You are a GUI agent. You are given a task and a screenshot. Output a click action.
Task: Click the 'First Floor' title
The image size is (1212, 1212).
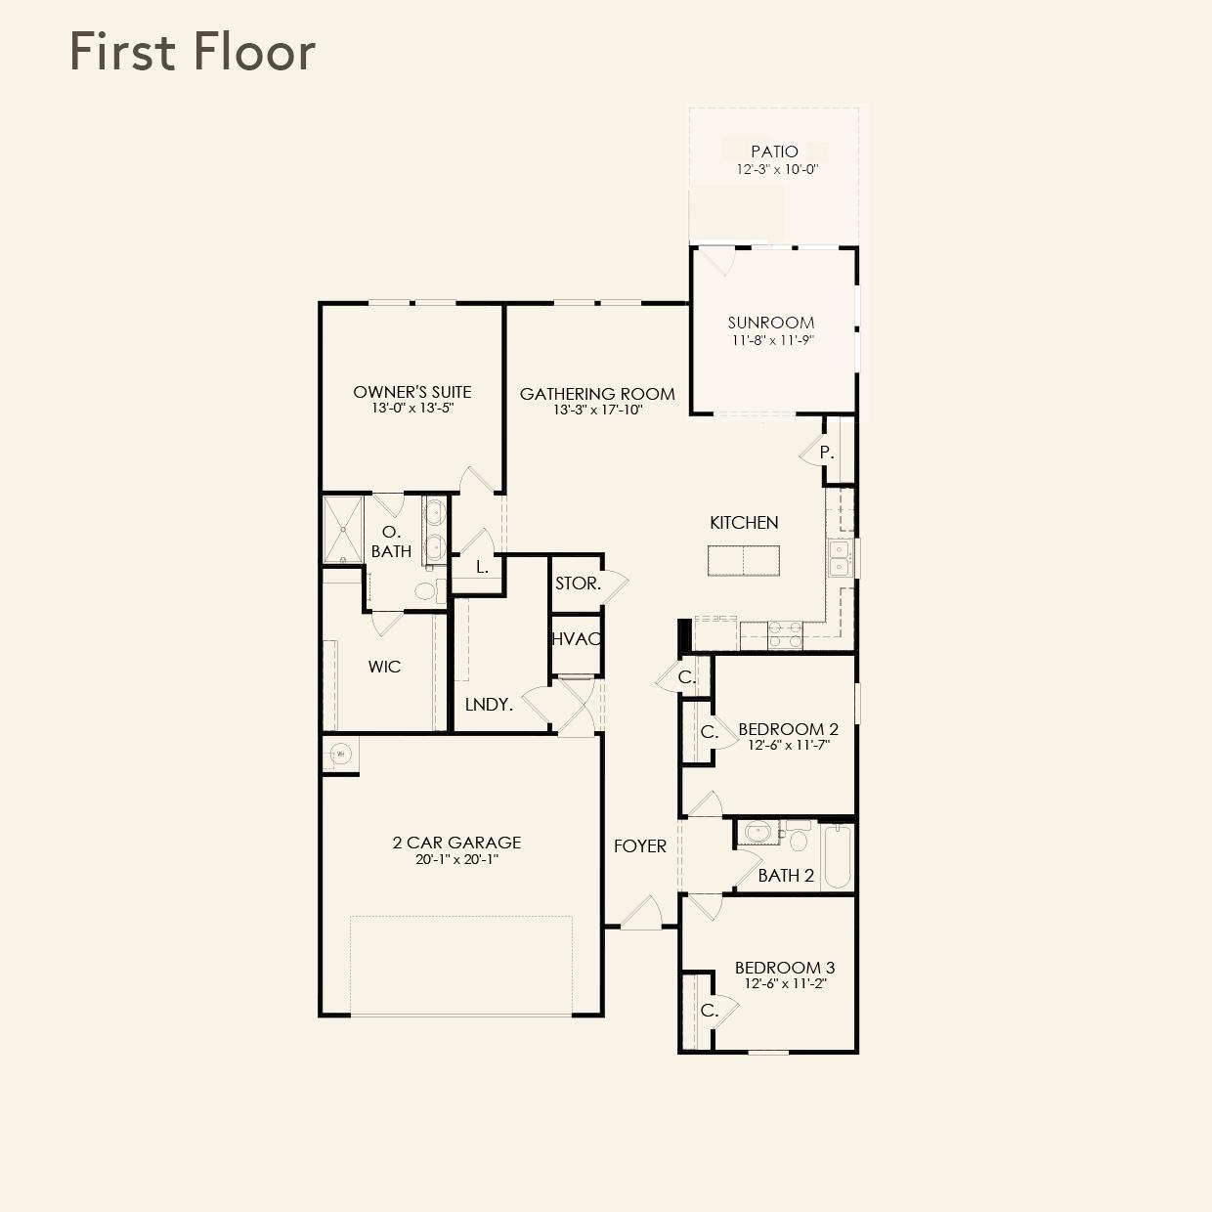tap(193, 52)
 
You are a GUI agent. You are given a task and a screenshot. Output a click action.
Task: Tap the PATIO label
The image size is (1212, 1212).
tap(774, 151)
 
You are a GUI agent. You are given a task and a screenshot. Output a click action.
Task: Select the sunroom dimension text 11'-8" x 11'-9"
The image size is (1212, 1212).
tap(772, 340)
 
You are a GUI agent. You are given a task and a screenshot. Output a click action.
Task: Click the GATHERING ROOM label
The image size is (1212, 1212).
tap(597, 394)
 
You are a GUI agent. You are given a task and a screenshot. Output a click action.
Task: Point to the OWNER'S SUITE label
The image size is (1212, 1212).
tap(412, 392)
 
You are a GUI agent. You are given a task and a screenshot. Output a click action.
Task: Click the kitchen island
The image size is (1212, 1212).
tap(744, 561)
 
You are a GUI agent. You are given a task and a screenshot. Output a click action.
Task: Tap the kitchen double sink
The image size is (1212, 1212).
tap(839, 558)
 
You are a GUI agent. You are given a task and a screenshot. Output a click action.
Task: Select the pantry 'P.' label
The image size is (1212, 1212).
tap(827, 453)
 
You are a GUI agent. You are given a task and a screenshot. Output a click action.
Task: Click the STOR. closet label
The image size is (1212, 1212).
tap(578, 584)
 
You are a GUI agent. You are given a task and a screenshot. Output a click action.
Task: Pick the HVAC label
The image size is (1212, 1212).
tap(576, 639)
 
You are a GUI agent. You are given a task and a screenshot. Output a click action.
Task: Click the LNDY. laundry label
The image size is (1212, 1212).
tap(489, 704)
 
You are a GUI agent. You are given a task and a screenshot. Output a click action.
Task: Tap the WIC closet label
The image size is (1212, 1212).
tap(384, 667)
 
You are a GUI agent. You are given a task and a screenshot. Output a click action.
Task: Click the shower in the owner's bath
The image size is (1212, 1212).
tap(343, 530)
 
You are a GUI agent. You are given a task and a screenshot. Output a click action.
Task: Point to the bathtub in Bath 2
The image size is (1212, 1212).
tap(837, 857)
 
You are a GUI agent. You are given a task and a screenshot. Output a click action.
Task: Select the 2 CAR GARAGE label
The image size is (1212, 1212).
tap(456, 843)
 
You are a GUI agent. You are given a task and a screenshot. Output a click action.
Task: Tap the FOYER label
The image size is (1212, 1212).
tap(640, 846)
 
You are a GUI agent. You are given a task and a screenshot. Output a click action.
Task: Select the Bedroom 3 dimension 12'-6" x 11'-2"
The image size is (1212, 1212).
tap(785, 984)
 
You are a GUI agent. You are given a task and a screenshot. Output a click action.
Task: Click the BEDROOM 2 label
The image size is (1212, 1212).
tap(788, 729)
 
